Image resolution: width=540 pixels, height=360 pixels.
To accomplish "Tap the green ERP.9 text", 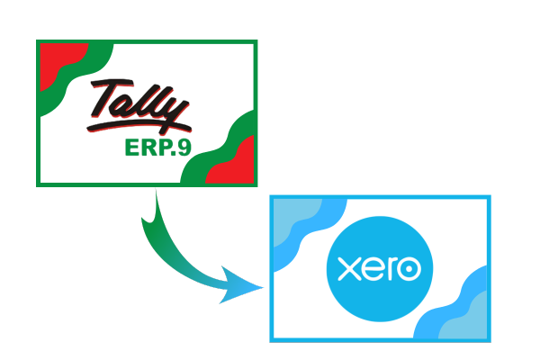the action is (158, 148).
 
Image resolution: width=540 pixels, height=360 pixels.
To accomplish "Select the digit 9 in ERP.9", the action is (184, 148).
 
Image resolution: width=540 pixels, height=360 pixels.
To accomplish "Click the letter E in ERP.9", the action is (131, 148).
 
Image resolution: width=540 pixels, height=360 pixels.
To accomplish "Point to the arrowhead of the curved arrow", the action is (240, 285).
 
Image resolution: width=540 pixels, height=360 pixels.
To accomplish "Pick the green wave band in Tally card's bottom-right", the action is (220, 151).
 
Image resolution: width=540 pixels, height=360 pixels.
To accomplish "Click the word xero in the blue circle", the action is (379, 268).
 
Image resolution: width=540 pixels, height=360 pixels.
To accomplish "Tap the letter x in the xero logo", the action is (349, 269).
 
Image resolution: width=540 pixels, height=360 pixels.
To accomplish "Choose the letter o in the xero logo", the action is (409, 269).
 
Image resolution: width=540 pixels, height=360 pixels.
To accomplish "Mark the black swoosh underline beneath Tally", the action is (138, 126).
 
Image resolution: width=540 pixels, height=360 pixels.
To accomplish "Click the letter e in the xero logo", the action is (373, 269).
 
